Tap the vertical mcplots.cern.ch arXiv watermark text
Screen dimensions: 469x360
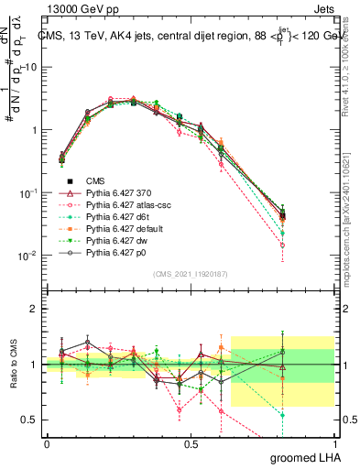[x=352, y=211]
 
